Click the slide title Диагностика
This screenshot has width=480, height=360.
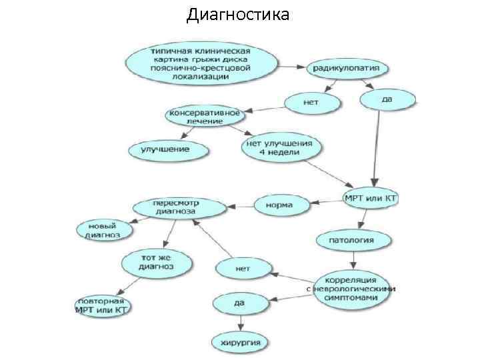238,14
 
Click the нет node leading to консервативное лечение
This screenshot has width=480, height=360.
311,103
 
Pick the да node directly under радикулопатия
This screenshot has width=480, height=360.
387,100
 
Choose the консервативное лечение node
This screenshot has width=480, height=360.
203,115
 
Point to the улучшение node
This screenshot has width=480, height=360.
165,149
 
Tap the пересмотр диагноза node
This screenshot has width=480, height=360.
174,207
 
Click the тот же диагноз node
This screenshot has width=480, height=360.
156,261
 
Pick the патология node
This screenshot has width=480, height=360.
351,239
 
